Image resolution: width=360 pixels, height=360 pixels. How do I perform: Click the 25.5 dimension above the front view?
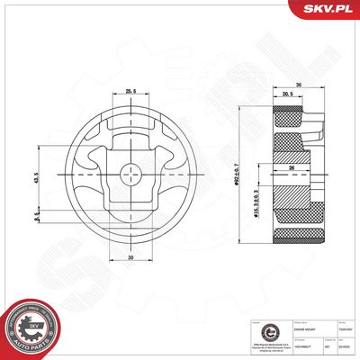[130, 91]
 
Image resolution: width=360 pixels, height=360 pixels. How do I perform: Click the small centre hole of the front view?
[130, 174]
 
